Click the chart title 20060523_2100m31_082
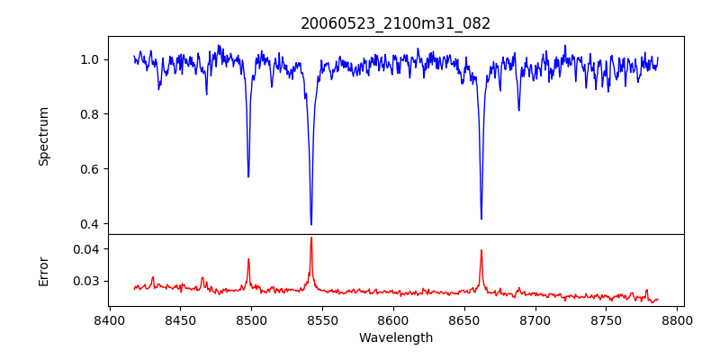(x=395, y=23)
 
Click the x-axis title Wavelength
(x=395, y=338)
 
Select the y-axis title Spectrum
(x=43, y=136)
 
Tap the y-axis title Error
(x=43, y=270)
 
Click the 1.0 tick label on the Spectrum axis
(x=91, y=59)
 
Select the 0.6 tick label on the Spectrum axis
(x=91, y=169)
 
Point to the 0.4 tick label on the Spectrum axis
(x=91, y=224)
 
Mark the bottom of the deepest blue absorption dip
(x=311, y=224)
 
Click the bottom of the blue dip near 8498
(x=248, y=176)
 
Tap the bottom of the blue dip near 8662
(x=481, y=218)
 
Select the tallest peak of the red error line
(x=311, y=238)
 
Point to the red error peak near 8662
(x=481, y=250)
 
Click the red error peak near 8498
(x=248, y=259)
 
